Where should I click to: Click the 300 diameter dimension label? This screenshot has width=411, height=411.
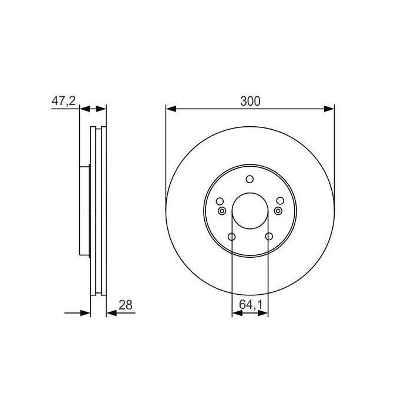(250, 100)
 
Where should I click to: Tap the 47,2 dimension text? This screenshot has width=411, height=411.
(63, 100)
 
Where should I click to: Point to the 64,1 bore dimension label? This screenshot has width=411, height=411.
(251, 305)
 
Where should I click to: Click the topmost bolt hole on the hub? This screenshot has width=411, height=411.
(250, 180)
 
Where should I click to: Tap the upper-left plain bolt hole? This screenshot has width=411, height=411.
(220, 201)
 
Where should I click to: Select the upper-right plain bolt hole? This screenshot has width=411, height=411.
(280, 201)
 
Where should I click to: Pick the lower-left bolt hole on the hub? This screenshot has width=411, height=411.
(231, 237)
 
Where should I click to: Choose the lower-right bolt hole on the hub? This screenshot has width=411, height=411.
(269, 237)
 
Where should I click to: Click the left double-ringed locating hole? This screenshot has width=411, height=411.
(221, 211)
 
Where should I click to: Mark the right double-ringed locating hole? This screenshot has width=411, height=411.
(278, 211)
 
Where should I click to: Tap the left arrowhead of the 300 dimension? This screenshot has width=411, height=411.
(171, 109)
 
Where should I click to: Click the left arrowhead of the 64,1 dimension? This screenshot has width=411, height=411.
(237, 314)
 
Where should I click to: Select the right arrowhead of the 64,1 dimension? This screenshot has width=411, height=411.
(264, 314)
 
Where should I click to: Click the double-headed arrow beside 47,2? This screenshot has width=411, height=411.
(93, 109)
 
